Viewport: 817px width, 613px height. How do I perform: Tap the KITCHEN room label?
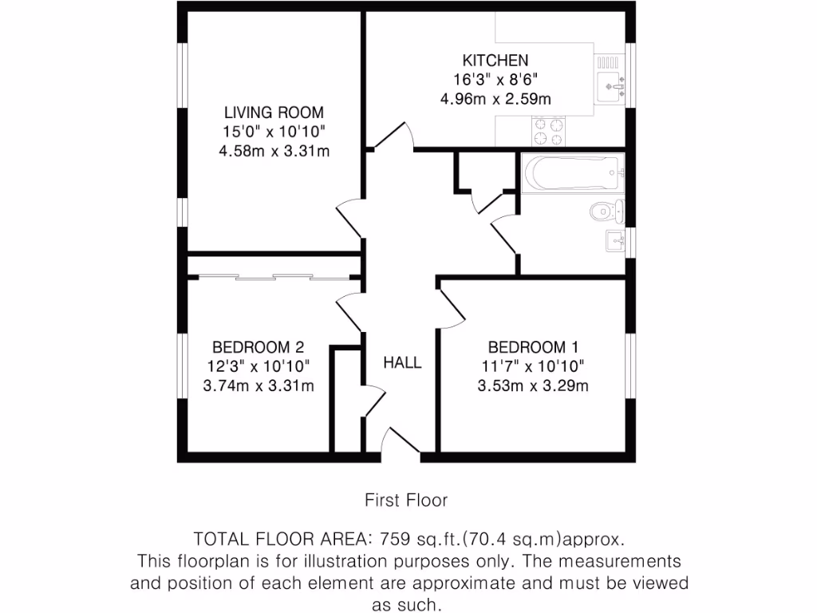(495, 61)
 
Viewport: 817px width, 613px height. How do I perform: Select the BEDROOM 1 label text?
(533, 347)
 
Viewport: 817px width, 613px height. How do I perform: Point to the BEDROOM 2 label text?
(258, 347)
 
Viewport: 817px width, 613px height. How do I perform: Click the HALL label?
(402, 363)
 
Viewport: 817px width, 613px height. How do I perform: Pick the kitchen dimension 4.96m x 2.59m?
(495, 99)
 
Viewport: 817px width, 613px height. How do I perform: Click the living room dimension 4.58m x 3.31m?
(274, 151)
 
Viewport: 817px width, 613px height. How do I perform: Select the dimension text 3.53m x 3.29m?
(533, 386)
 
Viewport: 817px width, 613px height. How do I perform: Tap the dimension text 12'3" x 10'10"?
(258, 367)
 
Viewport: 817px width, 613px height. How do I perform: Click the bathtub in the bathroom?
(571, 170)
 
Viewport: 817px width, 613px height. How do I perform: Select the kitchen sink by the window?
(613, 81)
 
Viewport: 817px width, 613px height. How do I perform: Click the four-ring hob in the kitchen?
(547, 132)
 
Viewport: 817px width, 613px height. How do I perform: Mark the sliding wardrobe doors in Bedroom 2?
(274, 277)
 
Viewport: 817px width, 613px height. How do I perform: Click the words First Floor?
(406, 500)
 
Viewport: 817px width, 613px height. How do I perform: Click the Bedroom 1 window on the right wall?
(630, 366)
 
